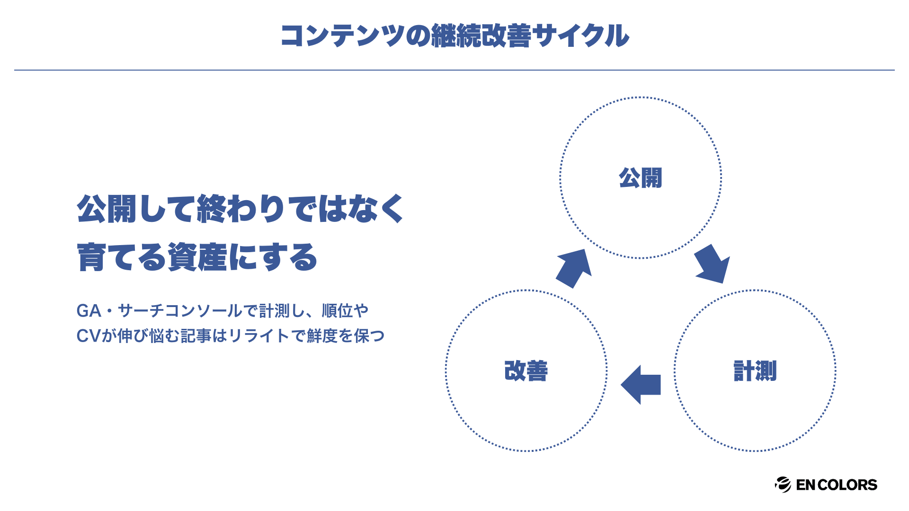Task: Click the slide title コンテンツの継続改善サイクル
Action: (454, 36)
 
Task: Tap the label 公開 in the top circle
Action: (640, 178)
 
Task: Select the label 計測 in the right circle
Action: (755, 370)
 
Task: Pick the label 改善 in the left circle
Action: (526, 370)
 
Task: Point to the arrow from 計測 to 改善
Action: (642, 384)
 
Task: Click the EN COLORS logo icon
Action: (783, 485)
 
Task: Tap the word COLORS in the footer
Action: (847, 485)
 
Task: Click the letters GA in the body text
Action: (89, 311)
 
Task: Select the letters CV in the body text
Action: (89, 336)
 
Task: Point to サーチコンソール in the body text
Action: (180, 311)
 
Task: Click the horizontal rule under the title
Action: (454, 70)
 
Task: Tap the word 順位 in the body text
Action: (337, 311)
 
